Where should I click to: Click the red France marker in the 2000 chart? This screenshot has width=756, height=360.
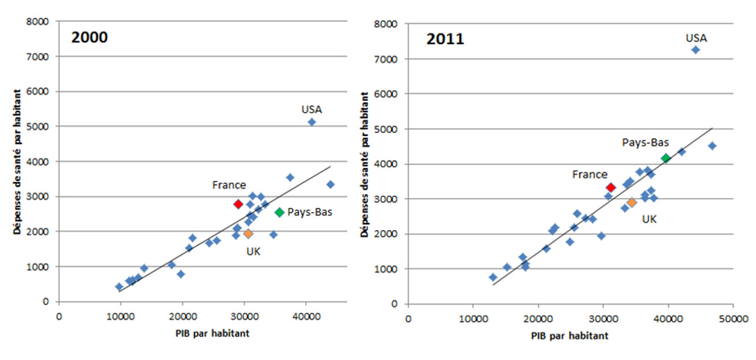coord(238,204)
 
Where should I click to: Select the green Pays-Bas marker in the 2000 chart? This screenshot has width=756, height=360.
coord(280,212)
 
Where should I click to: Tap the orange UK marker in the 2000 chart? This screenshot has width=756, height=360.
coord(248,233)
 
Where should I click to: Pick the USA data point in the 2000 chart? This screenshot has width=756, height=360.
coord(312,122)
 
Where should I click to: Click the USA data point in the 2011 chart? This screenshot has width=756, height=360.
coord(695,50)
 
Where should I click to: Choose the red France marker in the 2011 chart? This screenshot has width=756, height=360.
coord(610,187)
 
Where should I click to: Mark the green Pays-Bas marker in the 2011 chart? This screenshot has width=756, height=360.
coord(666,158)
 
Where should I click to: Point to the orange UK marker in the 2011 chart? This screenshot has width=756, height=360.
coord(632,202)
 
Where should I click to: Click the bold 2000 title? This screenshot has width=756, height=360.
coord(90,38)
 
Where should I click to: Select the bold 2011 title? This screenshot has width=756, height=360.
coord(445,39)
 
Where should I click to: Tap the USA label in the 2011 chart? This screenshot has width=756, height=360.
coord(696,38)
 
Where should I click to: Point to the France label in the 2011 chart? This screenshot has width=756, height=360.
coord(590,175)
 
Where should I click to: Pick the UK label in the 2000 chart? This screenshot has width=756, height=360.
coord(254,251)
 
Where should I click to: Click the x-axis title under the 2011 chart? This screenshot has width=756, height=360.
coord(570,335)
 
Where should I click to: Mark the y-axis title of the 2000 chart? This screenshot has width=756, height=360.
coord(18,162)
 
